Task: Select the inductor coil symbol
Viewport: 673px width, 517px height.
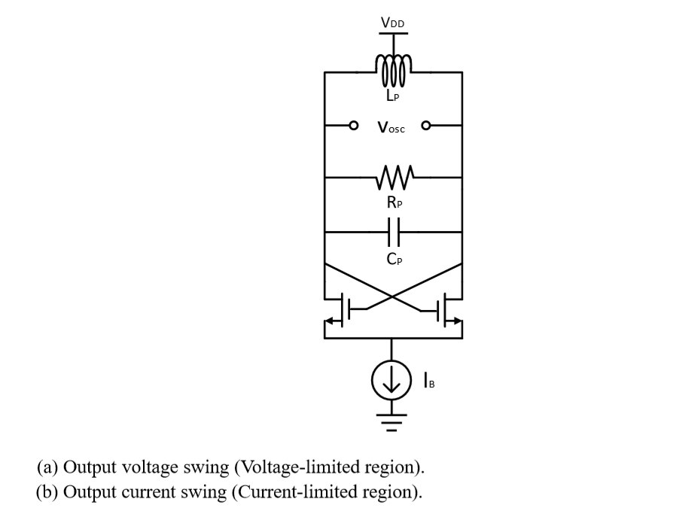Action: pyautogui.click(x=392, y=70)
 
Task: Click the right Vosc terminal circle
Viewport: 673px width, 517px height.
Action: pyautogui.click(x=427, y=125)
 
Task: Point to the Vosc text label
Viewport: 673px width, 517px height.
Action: pyautogui.click(x=391, y=128)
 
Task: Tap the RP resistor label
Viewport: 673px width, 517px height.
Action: pyautogui.click(x=392, y=202)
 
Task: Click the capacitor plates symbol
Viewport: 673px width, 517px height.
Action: pyautogui.click(x=392, y=233)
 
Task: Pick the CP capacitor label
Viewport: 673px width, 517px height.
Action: pyautogui.click(x=392, y=260)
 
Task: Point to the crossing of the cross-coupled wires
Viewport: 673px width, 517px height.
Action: pyautogui.click(x=392, y=296)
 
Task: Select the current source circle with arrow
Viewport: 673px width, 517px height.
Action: pyautogui.click(x=391, y=382)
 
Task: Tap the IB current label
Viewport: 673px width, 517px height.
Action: pyautogui.click(x=430, y=382)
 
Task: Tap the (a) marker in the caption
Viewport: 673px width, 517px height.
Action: pyautogui.click(x=47, y=467)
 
